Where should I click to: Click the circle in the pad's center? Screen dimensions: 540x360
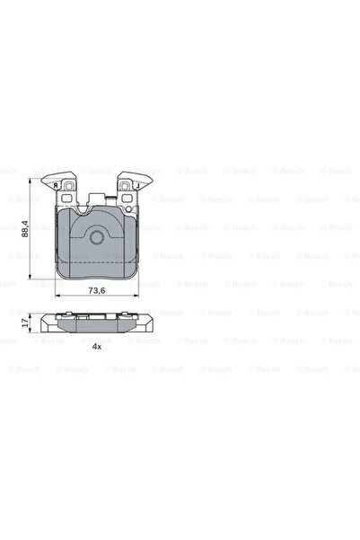[x=96, y=236]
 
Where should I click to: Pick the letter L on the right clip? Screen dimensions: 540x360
[x=137, y=185]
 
